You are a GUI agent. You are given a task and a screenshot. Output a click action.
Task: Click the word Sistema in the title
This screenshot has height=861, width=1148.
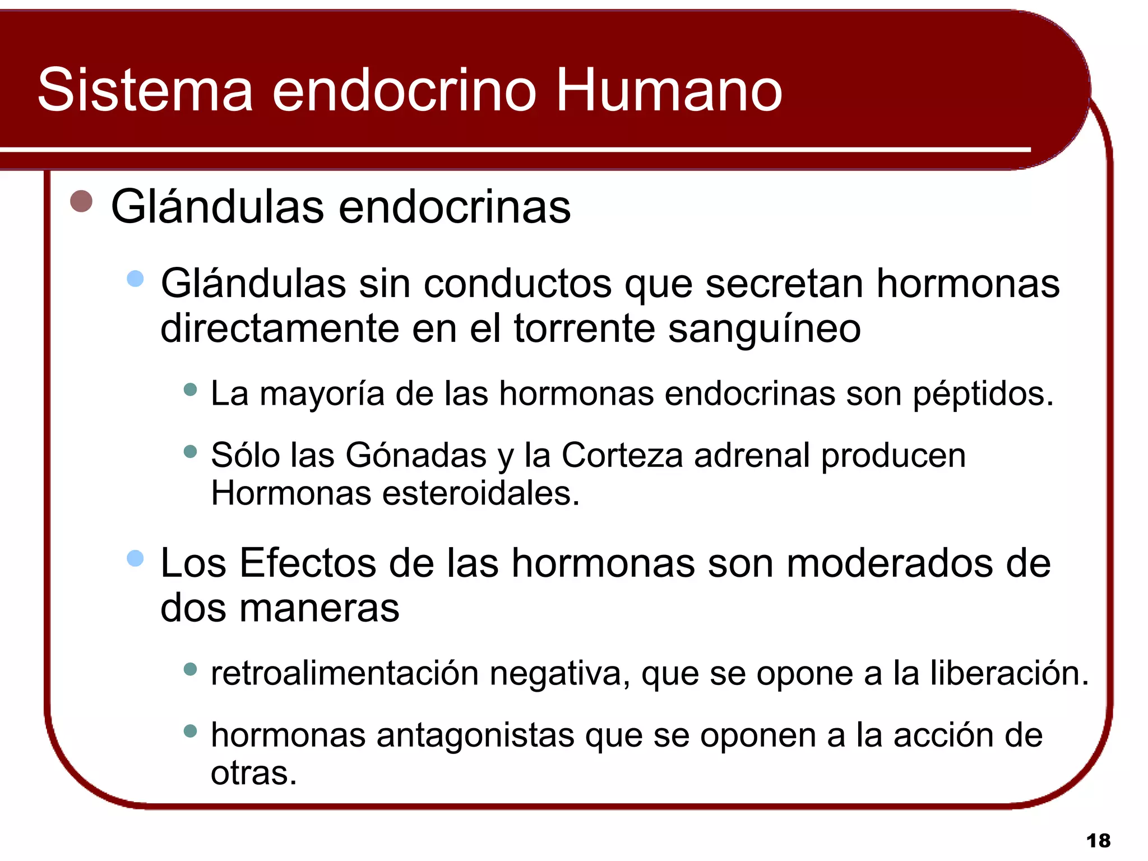coord(145,90)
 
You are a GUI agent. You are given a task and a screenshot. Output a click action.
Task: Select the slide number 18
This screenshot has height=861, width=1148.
coord(1098,841)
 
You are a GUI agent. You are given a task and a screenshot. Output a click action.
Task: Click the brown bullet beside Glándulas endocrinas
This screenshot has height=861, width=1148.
coord(81,201)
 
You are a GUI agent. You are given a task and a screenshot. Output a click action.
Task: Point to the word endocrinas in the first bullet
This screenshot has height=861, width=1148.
coord(454,207)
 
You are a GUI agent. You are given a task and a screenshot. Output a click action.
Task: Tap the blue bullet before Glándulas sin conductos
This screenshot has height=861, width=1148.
coord(135,279)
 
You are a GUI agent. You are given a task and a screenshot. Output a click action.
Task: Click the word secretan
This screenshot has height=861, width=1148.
coord(784,284)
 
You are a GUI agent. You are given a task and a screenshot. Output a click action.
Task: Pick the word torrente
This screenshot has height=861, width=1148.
coord(584,329)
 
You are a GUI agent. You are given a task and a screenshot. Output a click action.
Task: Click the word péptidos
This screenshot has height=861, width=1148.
coord(983,394)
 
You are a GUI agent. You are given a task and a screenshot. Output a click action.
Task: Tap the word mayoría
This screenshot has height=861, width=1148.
coord(322,394)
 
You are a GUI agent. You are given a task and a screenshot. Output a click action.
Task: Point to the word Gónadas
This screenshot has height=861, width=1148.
coord(415,455)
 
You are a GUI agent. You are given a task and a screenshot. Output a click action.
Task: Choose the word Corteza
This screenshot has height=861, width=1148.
coord(622,455)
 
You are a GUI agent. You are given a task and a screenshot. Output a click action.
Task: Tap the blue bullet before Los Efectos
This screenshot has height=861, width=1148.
coord(135,558)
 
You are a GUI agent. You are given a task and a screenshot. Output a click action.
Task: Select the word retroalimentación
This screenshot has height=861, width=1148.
coord(344,673)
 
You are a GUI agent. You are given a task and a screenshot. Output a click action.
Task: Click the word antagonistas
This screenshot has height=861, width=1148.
coord(475,735)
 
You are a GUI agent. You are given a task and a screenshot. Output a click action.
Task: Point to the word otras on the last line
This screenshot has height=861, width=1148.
coord(253,774)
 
